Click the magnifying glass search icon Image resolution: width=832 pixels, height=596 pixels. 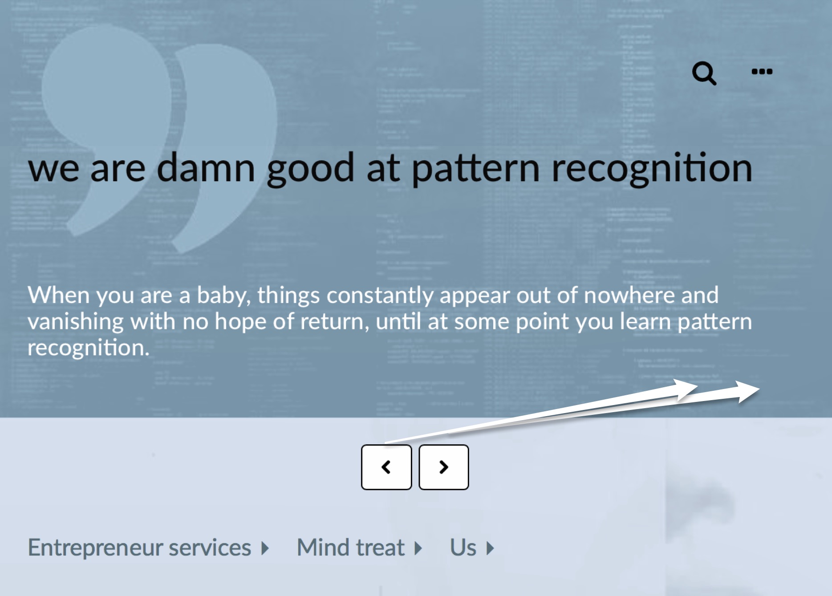tap(704, 73)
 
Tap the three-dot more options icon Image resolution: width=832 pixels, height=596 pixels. tap(762, 71)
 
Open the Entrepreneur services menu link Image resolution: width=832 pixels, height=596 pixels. tap(139, 547)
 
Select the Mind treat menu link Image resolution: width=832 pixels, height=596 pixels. tap(350, 547)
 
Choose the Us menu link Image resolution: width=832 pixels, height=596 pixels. tap(463, 547)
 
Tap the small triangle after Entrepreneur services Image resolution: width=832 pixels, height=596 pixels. tap(265, 548)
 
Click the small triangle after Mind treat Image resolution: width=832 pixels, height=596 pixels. tap(418, 548)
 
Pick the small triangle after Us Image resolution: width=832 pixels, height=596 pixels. tap(490, 548)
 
